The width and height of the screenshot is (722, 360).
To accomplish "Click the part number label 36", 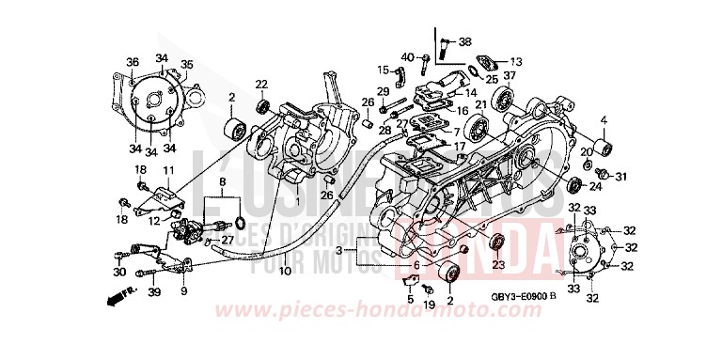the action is (132, 63).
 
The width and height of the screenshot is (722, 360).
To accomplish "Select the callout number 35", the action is (186, 65).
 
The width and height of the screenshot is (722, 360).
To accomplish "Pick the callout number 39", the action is (155, 293).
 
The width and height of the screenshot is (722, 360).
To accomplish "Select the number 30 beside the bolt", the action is (118, 272).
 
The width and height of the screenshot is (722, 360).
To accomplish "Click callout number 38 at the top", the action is (464, 41).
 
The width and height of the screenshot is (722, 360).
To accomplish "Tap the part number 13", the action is (515, 61).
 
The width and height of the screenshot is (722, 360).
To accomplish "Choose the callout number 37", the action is (510, 76).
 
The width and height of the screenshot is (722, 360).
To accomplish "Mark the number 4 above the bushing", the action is (604, 119).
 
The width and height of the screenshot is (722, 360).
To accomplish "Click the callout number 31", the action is (620, 176).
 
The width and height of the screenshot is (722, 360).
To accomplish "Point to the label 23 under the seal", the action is (498, 266).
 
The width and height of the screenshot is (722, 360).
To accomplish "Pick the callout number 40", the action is (407, 59).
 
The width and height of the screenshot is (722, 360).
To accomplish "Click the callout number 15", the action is (384, 70).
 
